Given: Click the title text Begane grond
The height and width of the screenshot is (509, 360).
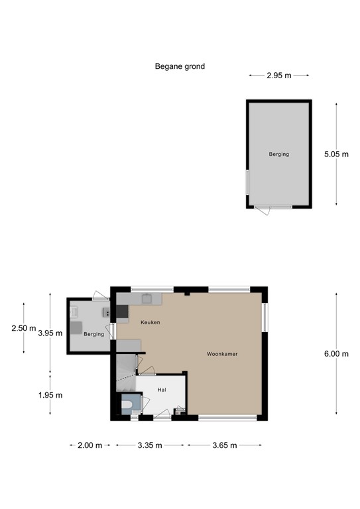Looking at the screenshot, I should click(x=180, y=66).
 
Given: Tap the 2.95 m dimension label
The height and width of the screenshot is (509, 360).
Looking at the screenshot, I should click(x=278, y=76).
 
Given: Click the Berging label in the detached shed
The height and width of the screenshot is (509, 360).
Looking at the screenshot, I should click(x=278, y=154).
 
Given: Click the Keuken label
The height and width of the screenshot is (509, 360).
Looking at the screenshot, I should click(x=150, y=322).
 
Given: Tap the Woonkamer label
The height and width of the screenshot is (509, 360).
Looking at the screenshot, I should click(x=222, y=354).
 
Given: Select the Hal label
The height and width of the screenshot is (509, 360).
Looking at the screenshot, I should click(x=161, y=390).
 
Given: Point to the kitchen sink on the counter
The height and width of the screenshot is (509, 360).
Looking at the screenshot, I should click(x=148, y=299).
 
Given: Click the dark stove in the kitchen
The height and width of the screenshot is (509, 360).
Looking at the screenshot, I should click(x=122, y=311).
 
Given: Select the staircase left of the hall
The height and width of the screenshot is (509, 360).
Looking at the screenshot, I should click(x=124, y=368).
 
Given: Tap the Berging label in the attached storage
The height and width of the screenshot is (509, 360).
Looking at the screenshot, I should click(x=94, y=334).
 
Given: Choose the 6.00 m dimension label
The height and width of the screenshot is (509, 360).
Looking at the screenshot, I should click(x=336, y=354).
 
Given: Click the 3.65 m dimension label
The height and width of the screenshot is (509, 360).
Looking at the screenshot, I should click(x=225, y=445).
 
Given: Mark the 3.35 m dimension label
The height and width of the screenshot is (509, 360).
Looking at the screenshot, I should click(x=150, y=445).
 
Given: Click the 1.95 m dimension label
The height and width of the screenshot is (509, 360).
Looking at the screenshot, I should click(x=50, y=396).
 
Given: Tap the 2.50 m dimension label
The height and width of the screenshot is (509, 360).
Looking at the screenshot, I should click(x=24, y=327).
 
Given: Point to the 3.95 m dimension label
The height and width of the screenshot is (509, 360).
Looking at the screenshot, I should click(x=50, y=333).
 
